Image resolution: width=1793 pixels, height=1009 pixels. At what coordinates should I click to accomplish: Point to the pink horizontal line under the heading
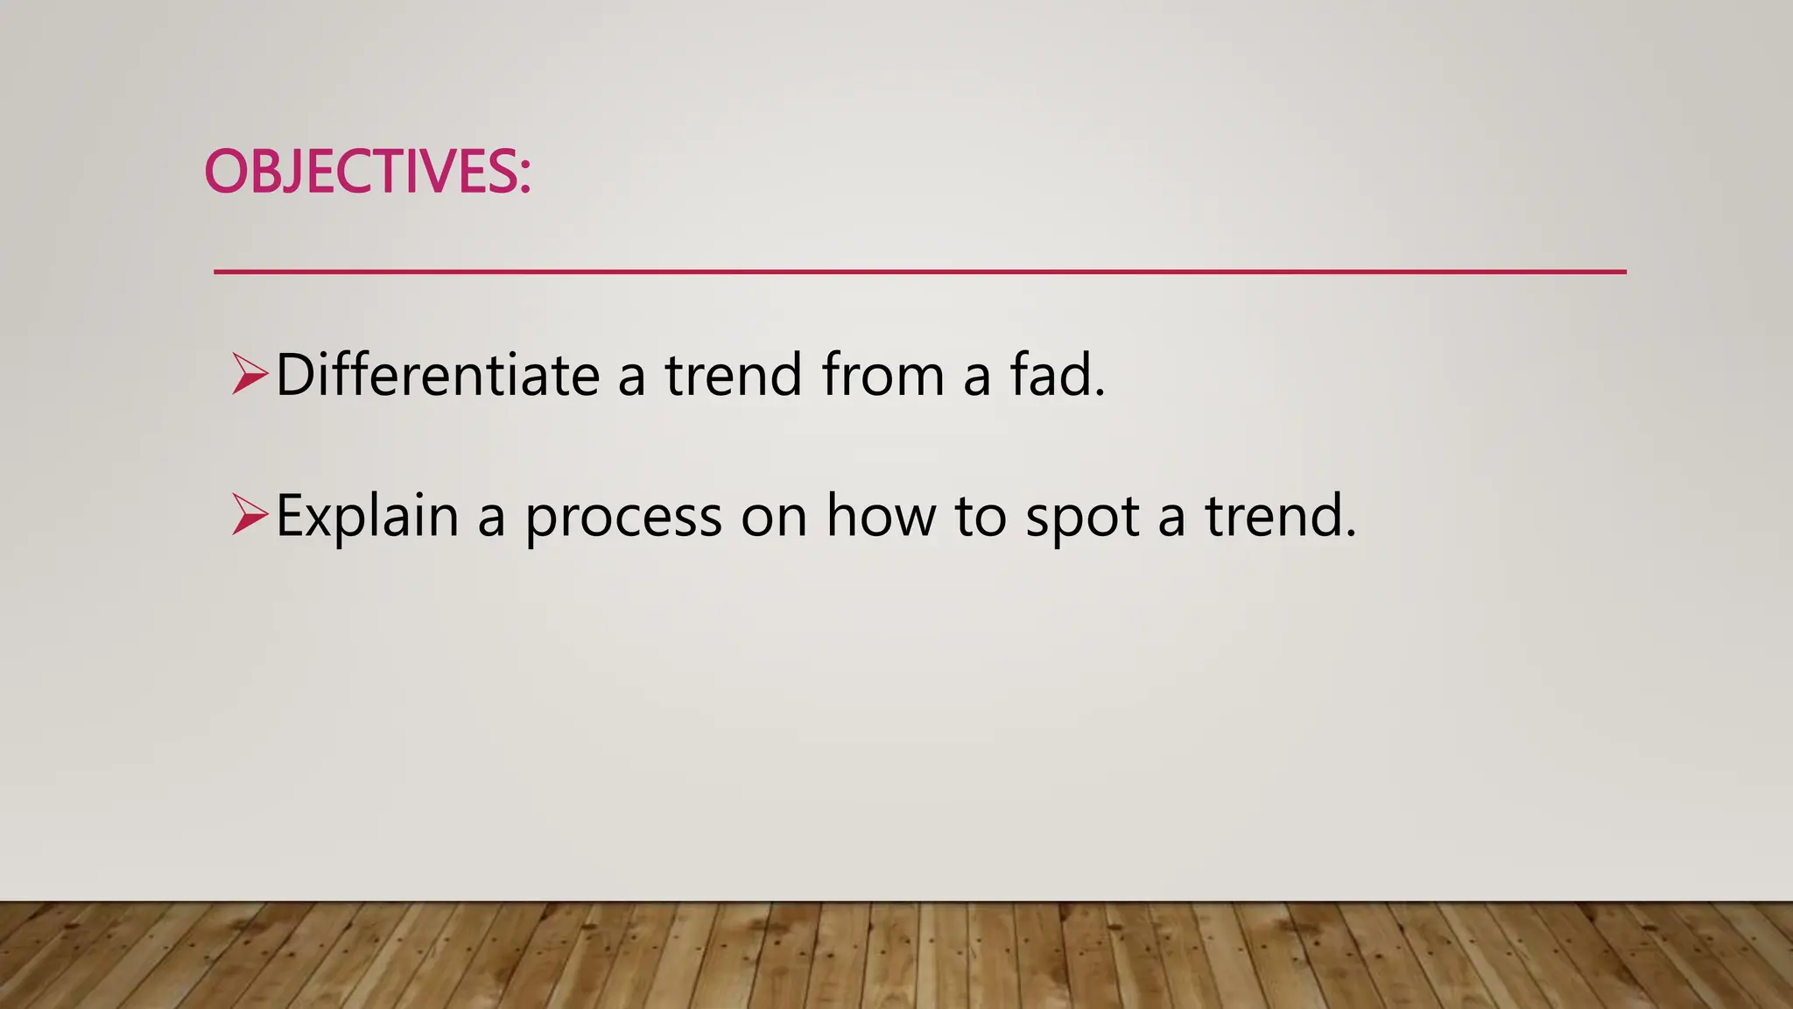[919, 272]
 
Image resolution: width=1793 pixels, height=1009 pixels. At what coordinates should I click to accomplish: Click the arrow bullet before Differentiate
[250, 374]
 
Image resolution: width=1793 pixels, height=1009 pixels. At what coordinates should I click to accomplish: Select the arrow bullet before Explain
[250, 514]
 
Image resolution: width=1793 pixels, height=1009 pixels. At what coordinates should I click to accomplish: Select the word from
[883, 374]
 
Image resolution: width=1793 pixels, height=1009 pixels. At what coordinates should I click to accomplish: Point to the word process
[623, 519]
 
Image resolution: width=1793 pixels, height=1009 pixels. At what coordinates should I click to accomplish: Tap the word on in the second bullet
[774, 519]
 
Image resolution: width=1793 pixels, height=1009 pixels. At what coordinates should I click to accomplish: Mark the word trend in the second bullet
[1275, 515]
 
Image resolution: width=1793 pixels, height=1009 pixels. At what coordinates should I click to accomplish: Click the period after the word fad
[1100, 393]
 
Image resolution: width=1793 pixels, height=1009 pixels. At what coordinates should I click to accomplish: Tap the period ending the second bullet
[1351, 533]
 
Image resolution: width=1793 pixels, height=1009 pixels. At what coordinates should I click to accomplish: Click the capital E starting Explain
[290, 515]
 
